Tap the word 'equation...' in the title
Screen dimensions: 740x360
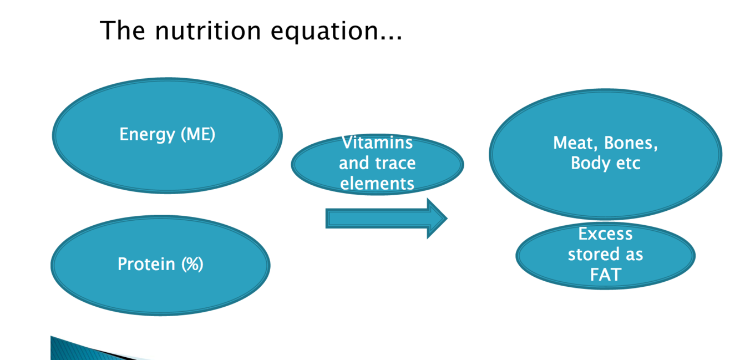tap(336, 31)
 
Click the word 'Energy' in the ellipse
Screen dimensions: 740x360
tap(147, 135)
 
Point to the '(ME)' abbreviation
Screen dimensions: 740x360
tap(198, 135)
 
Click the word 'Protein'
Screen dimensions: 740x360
tap(146, 264)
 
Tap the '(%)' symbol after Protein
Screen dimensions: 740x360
tap(192, 264)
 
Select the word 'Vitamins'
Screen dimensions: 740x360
tap(377, 143)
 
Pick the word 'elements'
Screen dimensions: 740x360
tap(377, 184)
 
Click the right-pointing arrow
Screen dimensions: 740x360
tap(386, 219)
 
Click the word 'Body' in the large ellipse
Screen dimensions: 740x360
tap(590, 164)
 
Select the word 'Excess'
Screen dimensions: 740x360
tap(605, 234)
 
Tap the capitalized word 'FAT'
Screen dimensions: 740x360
tap(605, 275)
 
